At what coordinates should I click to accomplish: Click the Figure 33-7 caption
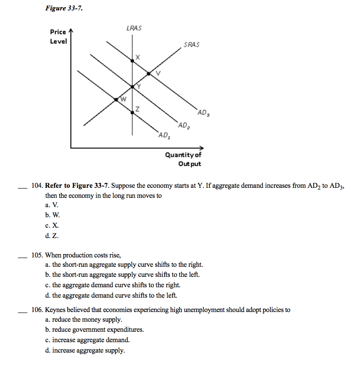coord(64,8)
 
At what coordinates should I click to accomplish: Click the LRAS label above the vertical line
coord(134,28)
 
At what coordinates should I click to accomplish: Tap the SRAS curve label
coord(191,45)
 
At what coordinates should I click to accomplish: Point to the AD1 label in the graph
coord(164,135)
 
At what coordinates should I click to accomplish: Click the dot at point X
coord(132,61)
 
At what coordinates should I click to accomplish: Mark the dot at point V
coord(149,74)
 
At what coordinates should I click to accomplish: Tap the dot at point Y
coord(132,87)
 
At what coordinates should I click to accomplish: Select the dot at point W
coord(116,99)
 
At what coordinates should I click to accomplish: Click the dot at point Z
coord(132,112)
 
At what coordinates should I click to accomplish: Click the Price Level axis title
coord(58,37)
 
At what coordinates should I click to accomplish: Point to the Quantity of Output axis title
coord(183,159)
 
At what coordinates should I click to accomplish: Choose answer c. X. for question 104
coord(52,225)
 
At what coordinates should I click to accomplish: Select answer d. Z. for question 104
coord(52,236)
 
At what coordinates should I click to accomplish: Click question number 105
coord(37,255)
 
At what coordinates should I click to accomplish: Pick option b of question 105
coord(122,275)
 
